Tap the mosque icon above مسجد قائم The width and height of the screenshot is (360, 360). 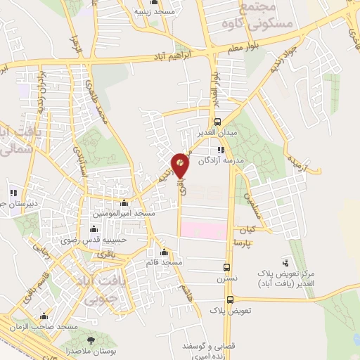click(165, 252)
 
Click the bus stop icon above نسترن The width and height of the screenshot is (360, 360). click(226, 267)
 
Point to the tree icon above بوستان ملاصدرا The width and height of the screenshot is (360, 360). click(90, 340)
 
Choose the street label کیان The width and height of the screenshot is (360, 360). click(246, 231)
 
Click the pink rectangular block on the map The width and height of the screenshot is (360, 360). click(202, 230)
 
